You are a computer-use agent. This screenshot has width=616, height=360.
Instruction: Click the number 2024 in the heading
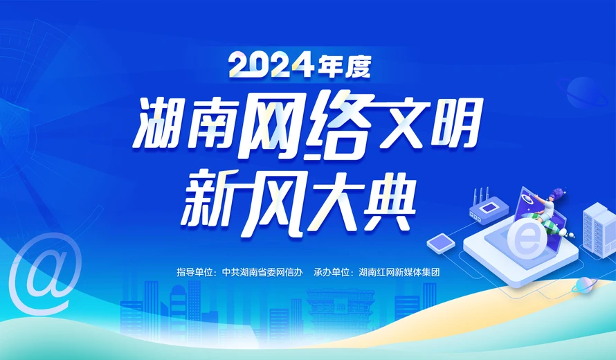click(272, 66)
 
